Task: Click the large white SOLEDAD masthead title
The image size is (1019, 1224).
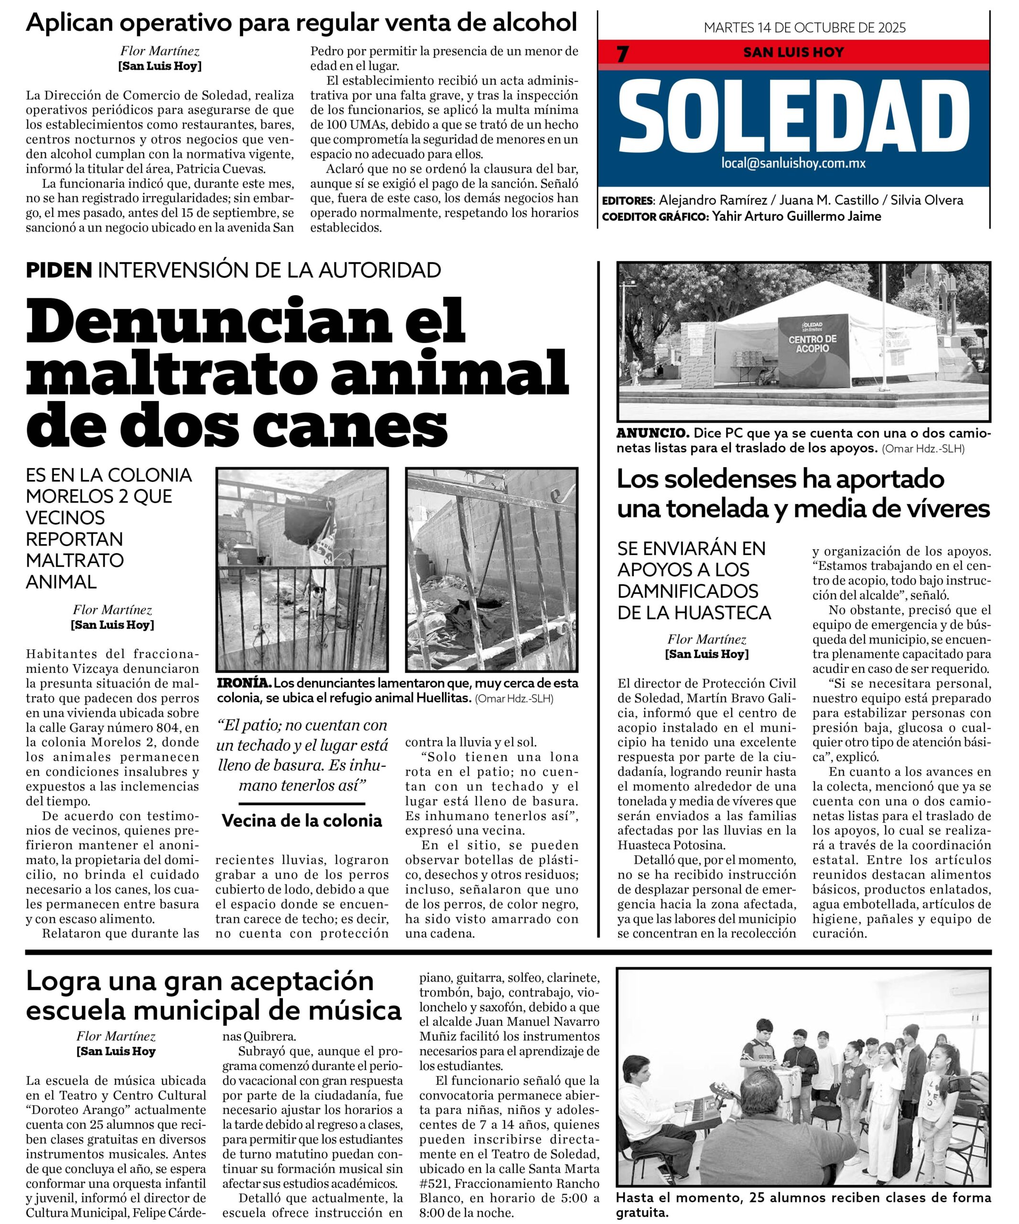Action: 793,117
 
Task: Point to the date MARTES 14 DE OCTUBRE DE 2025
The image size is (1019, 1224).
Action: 804,27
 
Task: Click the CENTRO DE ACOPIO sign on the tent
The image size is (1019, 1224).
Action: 812,343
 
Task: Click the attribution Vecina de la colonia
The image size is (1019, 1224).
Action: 302,820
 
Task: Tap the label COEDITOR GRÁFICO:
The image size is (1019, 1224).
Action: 654,217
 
